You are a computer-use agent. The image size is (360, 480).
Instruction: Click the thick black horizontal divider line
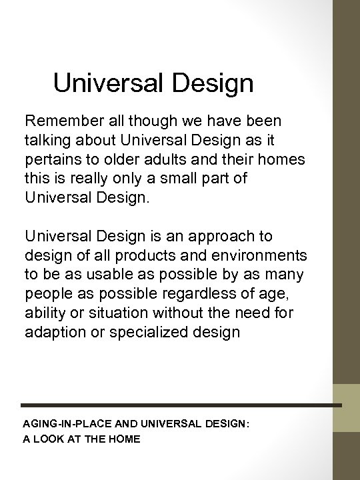180,405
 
